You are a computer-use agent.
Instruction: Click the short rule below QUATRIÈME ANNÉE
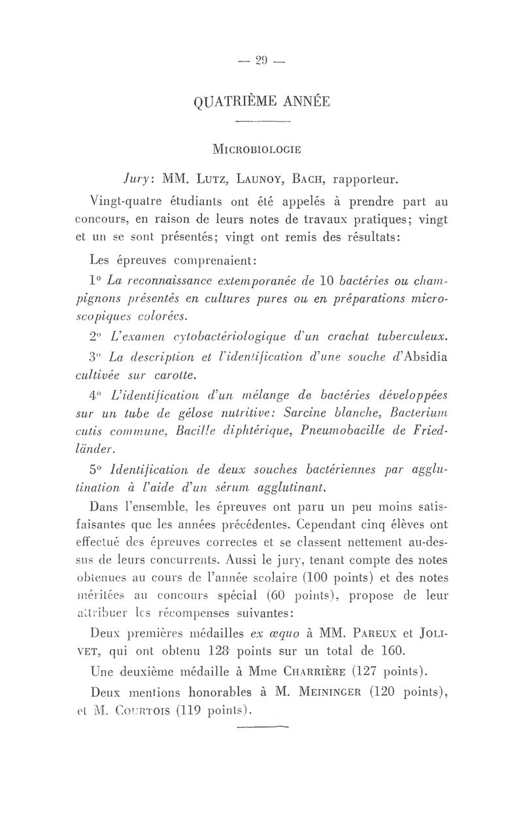pos(261,122)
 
